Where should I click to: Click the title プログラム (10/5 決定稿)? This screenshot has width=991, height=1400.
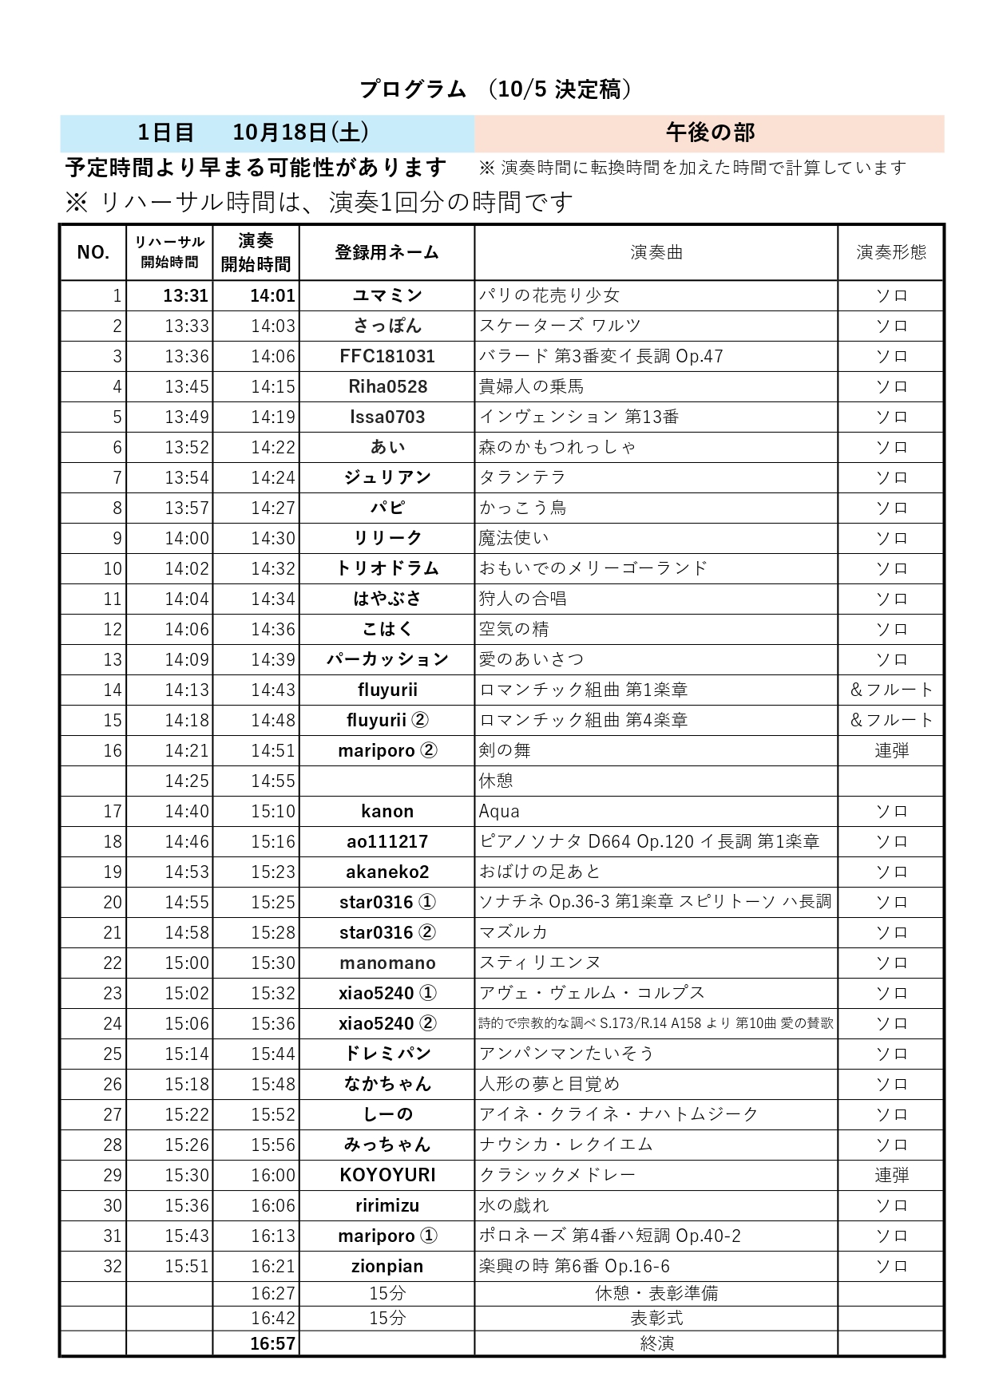click(495, 89)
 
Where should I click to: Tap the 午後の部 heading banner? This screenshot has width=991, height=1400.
click(709, 132)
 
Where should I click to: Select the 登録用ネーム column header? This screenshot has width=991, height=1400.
click(386, 252)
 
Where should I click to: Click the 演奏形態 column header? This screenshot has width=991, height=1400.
click(890, 252)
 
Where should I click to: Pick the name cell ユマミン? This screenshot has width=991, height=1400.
click(386, 295)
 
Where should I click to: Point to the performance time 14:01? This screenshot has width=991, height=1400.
click(272, 295)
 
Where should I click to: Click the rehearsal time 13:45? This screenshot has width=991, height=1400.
click(186, 386)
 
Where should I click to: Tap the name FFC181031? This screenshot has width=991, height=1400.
click(386, 356)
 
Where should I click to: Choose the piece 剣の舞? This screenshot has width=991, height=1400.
click(505, 750)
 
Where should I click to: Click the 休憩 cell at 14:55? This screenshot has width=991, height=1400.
click(496, 781)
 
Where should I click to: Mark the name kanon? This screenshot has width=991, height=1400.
click(386, 811)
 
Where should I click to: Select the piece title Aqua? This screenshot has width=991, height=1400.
click(499, 811)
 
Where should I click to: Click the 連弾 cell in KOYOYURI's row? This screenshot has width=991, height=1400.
click(890, 1175)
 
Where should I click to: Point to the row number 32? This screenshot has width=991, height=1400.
click(113, 1266)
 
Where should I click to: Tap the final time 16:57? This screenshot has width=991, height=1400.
click(272, 1343)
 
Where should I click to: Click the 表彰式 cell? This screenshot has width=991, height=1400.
click(656, 1318)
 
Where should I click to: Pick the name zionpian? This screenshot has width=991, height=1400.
click(386, 1266)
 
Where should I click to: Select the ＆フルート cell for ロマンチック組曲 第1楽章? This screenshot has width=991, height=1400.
click(890, 690)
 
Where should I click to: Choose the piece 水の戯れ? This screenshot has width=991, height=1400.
click(513, 1205)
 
